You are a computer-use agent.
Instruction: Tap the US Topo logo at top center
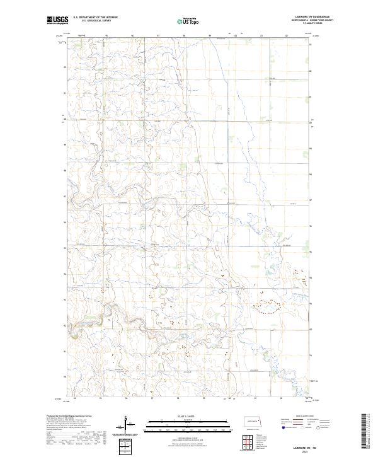tap(190, 21)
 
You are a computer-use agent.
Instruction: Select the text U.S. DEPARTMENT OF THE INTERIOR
tap(95, 18)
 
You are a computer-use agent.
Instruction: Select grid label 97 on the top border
tap(157, 36)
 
